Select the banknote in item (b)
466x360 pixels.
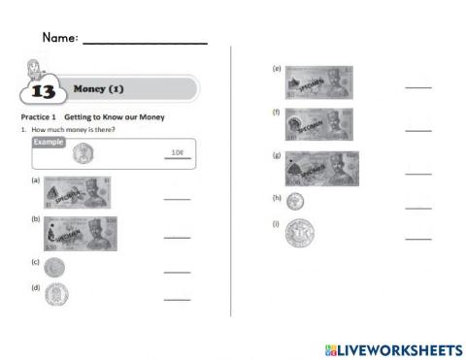[82, 234]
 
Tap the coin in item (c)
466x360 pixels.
[54, 267]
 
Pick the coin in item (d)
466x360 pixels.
[56, 293]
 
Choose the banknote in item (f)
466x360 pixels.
[318, 125]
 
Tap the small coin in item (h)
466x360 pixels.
[294, 201]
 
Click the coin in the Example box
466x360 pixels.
[83, 152]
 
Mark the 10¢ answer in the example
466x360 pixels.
[177, 152]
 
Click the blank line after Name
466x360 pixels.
[145, 43]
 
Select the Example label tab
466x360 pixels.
[49, 142]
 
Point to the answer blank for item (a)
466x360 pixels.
[177, 198]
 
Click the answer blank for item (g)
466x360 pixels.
[417, 173]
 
